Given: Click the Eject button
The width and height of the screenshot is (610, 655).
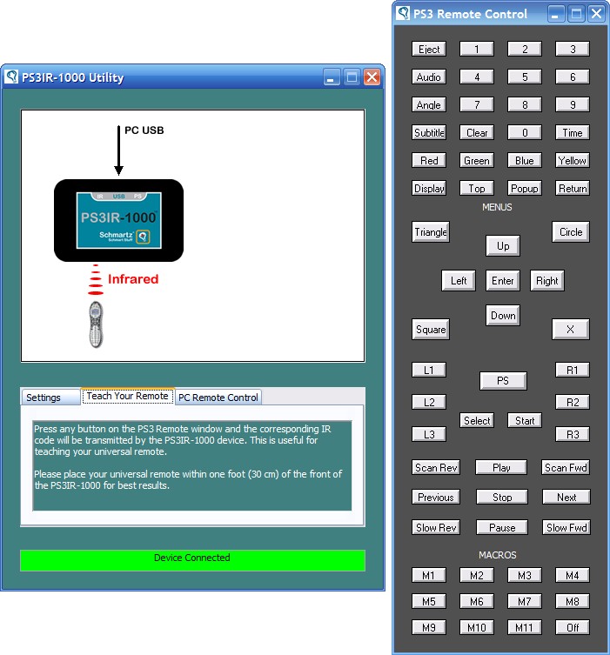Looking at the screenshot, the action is point(429,50).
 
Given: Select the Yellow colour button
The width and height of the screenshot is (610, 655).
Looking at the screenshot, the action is point(572,160).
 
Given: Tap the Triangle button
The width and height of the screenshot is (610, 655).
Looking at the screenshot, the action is point(431,232).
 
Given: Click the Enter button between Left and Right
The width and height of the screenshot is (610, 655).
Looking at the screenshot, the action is point(503,281).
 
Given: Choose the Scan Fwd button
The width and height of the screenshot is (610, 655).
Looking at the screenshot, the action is point(566,467).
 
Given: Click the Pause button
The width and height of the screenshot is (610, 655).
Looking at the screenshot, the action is point(502,528).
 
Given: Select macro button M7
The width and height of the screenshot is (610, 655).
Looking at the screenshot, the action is point(525,601).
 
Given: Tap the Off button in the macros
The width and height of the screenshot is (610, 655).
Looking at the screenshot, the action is point(573,627).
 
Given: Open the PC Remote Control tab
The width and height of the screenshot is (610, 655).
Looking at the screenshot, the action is point(218,398).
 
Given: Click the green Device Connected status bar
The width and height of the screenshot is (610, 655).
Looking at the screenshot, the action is point(192,560).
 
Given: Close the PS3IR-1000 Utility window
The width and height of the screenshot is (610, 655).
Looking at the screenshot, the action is point(372,77).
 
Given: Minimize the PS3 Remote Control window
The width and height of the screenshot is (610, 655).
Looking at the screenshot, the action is point(555,14).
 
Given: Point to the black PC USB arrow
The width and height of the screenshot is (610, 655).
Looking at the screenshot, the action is point(118,150).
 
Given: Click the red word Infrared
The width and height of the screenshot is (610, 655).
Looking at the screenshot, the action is point(133,279).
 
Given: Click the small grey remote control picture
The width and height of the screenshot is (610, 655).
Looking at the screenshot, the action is point(96,324).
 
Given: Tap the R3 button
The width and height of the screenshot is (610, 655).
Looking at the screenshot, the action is point(573,434).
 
